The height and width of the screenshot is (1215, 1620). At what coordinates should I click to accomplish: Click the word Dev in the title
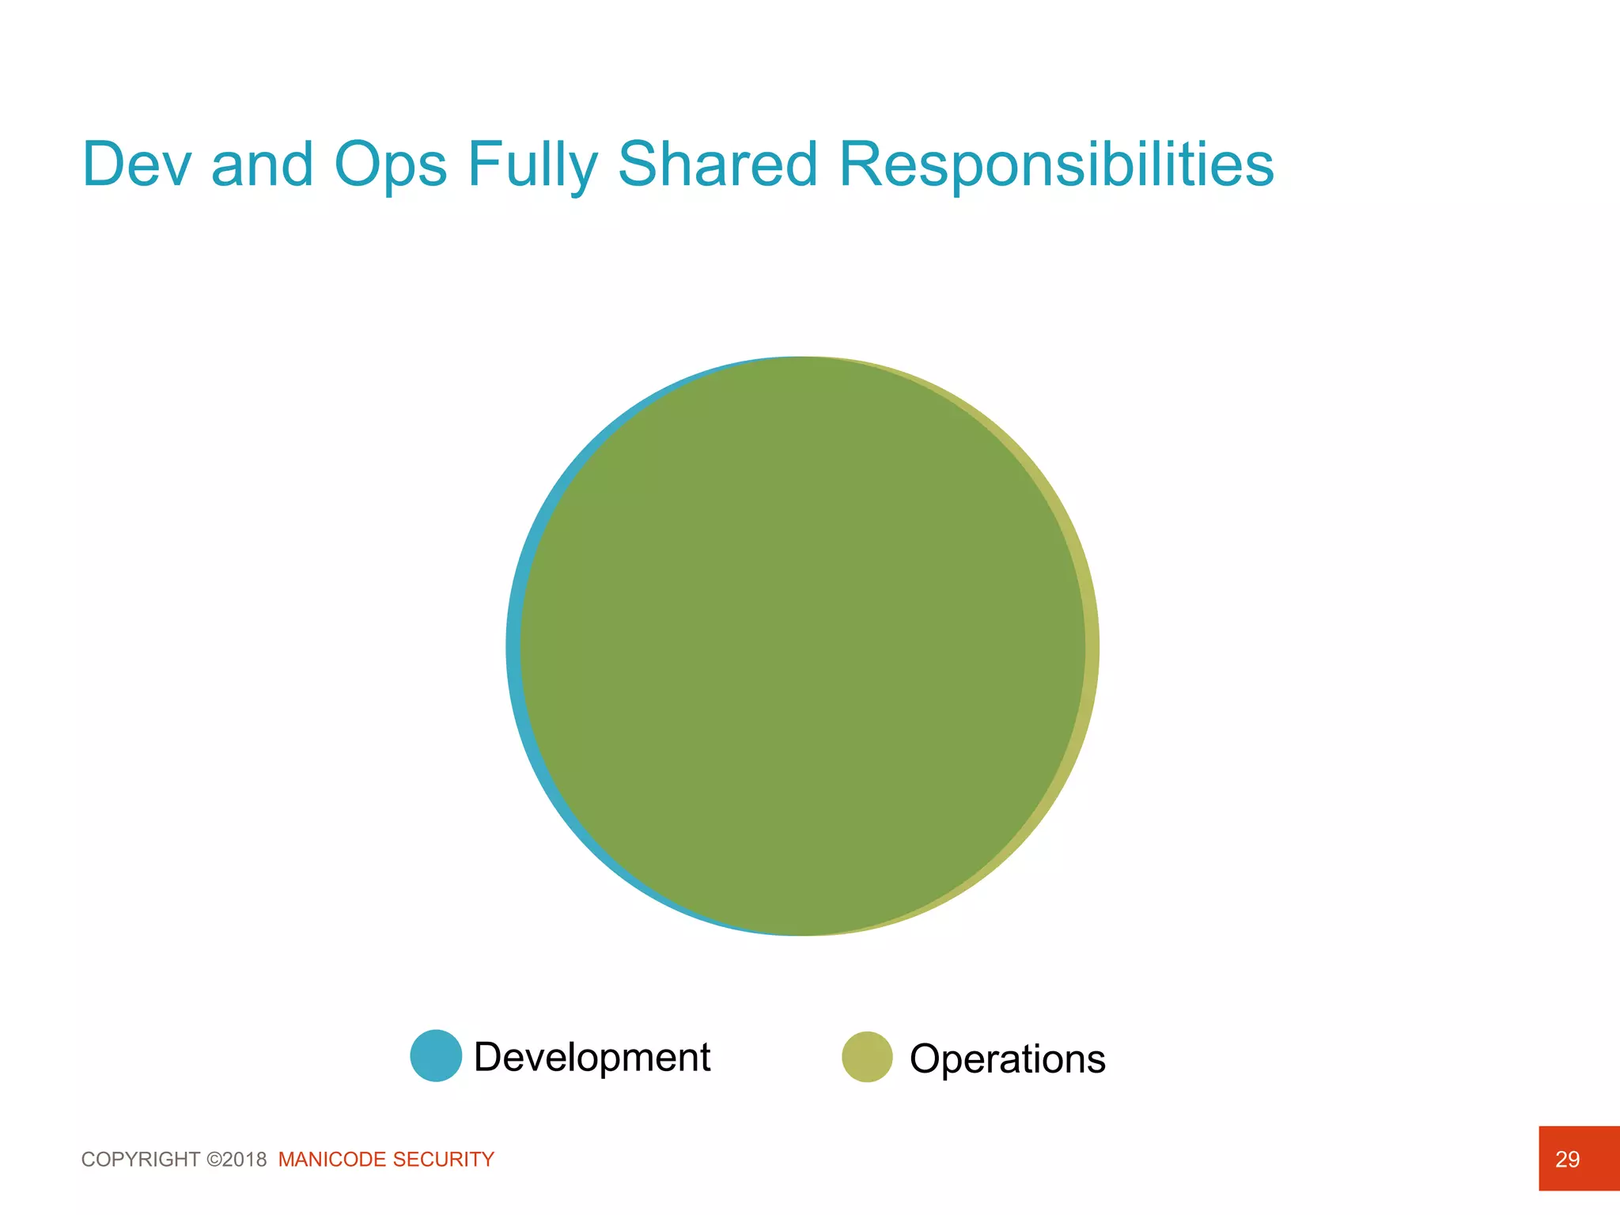(x=137, y=165)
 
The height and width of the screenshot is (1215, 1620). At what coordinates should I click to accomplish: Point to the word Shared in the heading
(x=717, y=165)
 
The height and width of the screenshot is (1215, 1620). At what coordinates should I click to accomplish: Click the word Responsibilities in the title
(x=1056, y=165)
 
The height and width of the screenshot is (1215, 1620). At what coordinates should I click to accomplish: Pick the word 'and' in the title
(x=263, y=165)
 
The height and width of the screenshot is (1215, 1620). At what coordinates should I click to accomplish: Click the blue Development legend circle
(x=436, y=1055)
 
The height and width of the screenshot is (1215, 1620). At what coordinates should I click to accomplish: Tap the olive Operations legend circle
(x=867, y=1057)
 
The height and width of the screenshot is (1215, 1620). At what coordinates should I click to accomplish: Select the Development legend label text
(x=592, y=1057)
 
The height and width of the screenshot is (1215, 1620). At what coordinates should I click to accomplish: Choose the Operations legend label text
(x=1007, y=1058)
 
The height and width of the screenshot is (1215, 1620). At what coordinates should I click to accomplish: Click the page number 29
(x=1567, y=1160)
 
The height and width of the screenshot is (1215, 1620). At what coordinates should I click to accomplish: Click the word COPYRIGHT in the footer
(x=141, y=1160)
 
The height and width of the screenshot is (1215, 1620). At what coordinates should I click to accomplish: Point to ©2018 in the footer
(x=237, y=1160)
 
